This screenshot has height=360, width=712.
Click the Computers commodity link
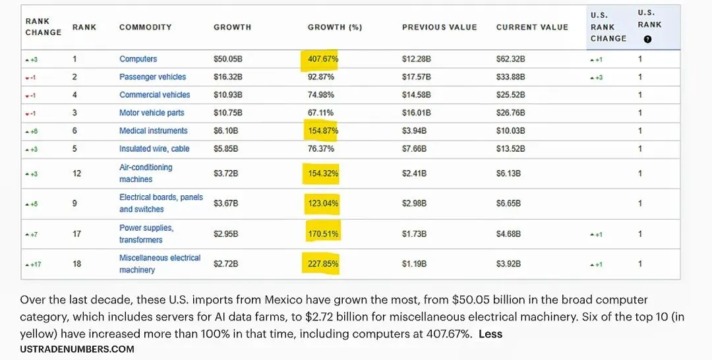[x=138, y=59]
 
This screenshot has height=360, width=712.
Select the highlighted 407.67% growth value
[x=323, y=59]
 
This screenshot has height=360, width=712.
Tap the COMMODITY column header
[x=145, y=27]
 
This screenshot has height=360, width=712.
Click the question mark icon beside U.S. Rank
[x=647, y=39]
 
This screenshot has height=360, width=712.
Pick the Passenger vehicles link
[x=152, y=77]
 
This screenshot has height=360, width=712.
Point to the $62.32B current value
[x=510, y=59]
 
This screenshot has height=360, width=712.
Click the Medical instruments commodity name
[x=153, y=131]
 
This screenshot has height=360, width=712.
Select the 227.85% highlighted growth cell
[x=323, y=264]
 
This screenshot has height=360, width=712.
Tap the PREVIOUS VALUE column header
[x=439, y=27]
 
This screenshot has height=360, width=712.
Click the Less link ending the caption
[x=490, y=334]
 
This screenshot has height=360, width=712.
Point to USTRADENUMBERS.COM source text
[x=77, y=349]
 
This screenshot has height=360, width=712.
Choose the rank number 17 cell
[x=77, y=233]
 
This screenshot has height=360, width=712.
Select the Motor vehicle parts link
[x=152, y=113]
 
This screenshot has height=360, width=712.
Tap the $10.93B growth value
[x=227, y=95]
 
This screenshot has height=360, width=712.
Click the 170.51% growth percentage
[x=323, y=233]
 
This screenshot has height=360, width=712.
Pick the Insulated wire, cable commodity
[x=154, y=149]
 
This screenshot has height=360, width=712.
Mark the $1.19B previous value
[x=414, y=264]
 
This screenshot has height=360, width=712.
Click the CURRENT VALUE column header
[x=532, y=27]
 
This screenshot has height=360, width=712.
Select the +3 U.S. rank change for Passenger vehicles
[x=596, y=78]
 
